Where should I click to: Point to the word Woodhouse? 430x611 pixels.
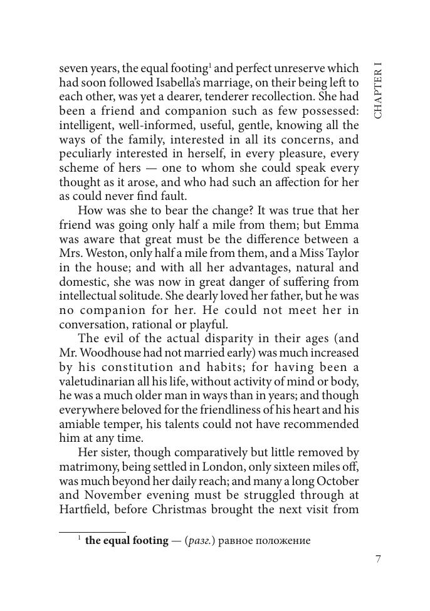tap(110, 353)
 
